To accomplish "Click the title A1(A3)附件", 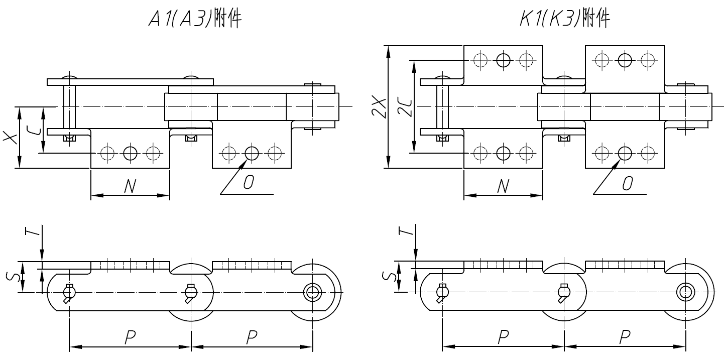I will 195,19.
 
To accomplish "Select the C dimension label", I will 33,131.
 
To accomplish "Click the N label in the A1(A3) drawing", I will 130,187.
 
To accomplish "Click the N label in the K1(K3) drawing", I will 503,187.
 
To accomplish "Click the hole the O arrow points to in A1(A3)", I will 252,152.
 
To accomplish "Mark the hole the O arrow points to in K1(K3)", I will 625,152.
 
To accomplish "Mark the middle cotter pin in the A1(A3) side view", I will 190,293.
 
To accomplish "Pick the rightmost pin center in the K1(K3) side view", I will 685,291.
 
